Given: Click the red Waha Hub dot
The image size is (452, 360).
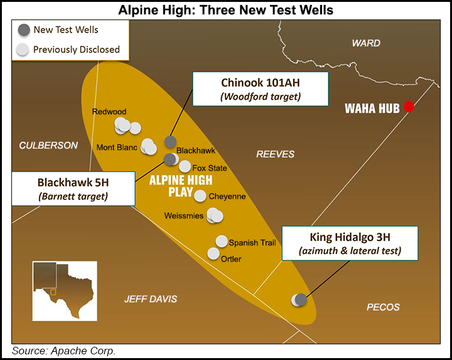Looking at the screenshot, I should [x=409, y=107].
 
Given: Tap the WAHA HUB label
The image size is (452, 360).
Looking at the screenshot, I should [x=372, y=108].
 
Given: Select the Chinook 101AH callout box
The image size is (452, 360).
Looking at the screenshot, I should [x=261, y=88].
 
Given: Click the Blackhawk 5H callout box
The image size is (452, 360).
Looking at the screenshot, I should [x=72, y=189].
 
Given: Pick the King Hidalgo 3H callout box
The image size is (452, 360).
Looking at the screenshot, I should [x=350, y=244].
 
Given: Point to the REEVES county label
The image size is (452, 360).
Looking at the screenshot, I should [x=275, y=154].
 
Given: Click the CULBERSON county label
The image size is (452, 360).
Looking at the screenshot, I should [x=48, y=146].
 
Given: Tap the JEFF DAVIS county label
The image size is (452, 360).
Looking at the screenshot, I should [x=151, y=299].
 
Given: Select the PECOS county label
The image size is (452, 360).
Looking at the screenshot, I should [x=383, y=307].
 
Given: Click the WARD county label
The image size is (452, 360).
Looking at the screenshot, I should [x=366, y=43].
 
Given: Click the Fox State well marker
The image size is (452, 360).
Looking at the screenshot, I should [x=185, y=166].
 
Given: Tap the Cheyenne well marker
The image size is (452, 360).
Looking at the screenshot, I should [x=200, y=195].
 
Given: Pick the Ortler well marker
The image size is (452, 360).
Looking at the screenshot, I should [x=213, y=253].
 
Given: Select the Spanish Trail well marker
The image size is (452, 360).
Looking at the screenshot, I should [x=222, y=241].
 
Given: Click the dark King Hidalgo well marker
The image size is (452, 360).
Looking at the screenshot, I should [x=301, y=299].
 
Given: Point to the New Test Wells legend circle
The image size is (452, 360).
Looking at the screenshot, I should [x=23, y=29].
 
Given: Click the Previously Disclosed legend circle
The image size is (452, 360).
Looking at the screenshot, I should [x=23, y=50].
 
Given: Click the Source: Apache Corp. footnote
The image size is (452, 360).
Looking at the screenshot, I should [x=63, y=351].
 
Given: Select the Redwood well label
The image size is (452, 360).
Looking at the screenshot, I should [x=109, y=112].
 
